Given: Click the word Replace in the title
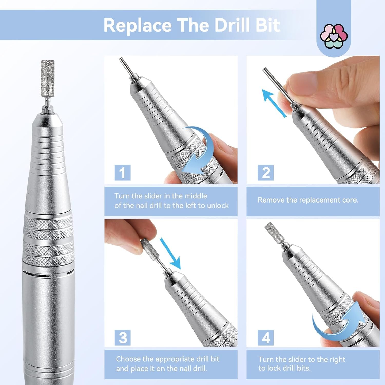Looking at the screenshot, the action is click(x=138, y=25).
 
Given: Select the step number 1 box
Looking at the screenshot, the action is click(x=122, y=172).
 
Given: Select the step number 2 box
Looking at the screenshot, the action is click(x=266, y=172).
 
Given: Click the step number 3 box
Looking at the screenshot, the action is click(x=122, y=338).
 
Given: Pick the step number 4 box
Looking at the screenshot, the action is click(x=266, y=338).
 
